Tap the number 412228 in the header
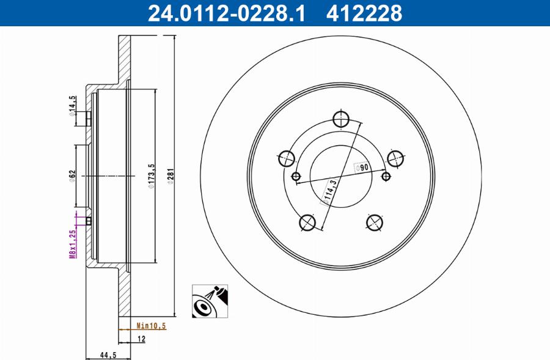365,12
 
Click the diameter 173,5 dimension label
151,177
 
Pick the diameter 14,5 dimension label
72,105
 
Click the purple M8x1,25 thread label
72,243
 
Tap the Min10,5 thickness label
151,326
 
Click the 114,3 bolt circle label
330,190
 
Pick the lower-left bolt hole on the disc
307,224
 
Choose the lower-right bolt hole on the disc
374,223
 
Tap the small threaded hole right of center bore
385,177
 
